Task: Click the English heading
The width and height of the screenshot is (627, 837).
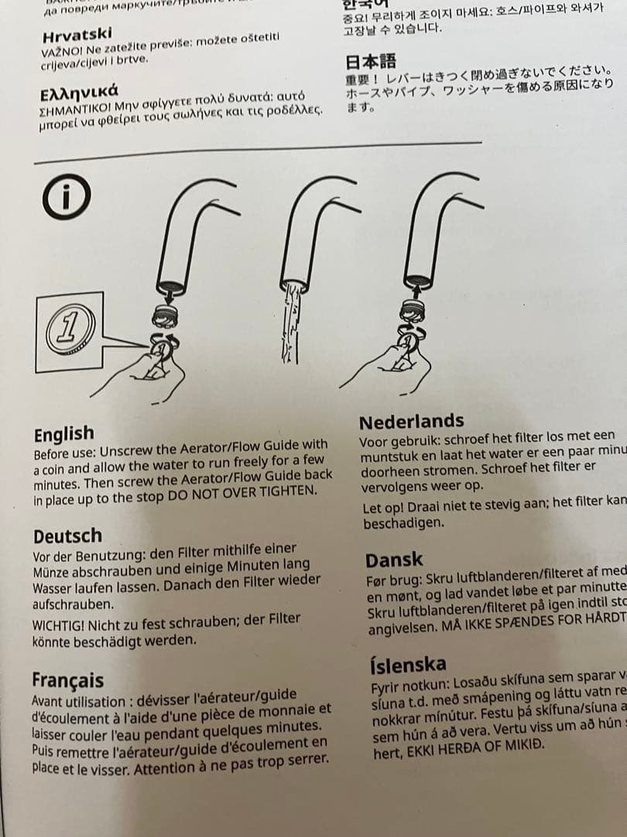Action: pos(64,433)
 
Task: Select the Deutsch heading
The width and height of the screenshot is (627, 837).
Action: pos(67,536)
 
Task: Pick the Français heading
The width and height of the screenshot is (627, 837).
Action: pos(67,680)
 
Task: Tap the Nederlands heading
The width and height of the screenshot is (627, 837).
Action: pos(412,422)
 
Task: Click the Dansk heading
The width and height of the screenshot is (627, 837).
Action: pos(394,560)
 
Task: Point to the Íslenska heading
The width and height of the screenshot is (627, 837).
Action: pos(409,664)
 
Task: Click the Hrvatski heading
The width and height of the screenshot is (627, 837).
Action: pos(77,36)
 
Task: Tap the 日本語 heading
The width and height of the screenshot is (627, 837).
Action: pos(371,61)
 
